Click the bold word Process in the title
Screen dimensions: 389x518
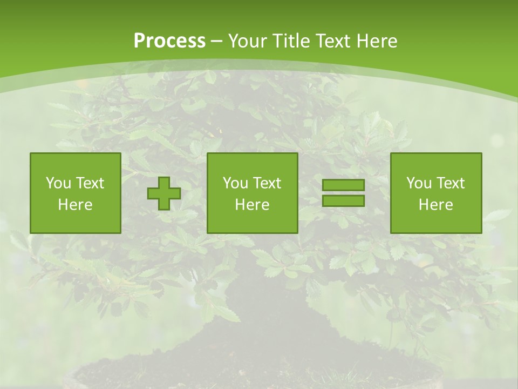[169, 41]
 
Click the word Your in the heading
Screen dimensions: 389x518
[246, 41]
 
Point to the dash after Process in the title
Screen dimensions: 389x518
[216, 42]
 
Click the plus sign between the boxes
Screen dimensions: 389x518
[164, 193]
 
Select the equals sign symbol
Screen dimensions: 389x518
[343, 193]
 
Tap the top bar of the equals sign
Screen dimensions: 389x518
[343, 185]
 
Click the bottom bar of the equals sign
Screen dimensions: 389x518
[343, 201]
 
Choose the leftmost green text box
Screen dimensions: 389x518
[76, 193]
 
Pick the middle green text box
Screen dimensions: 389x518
[253, 193]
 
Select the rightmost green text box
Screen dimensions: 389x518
[436, 193]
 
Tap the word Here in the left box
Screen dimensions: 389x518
[76, 205]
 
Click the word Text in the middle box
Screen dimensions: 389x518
[268, 183]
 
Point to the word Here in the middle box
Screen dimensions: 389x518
[253, 205]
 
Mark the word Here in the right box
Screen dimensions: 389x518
[436, 205]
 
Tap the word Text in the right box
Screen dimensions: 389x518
[451, 183]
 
